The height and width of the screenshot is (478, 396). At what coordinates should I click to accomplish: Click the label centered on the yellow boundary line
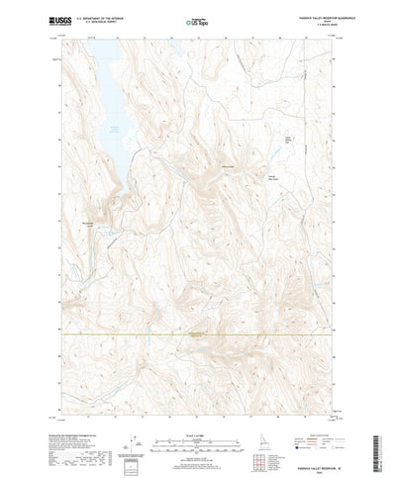(199, 334)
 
